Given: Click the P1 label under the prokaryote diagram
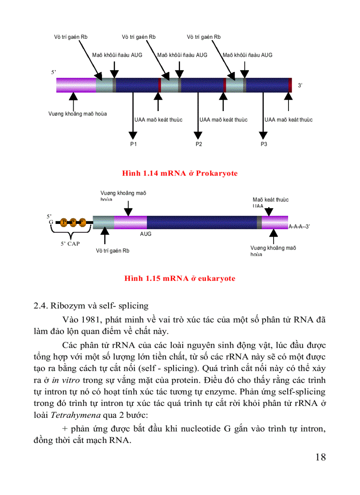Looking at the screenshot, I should pyautogui.click(x=133, y=145).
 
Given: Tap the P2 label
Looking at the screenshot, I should pyautogui.click(x=199, y=145).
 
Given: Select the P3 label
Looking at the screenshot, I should pyautogui.click(x=264, y=145).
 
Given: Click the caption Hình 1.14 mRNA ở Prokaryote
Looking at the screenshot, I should pyautogui.click(x=180, y=173).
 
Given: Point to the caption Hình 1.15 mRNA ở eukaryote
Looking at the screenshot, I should pyautogui.click(x=180, y=279).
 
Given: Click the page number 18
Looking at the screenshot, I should pyautogui.click(x=321, y=457).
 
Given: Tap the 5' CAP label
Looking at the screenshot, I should pyautogui.click(x=71, y=243).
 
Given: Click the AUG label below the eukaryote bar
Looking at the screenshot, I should pyautogui.click(x=146, y=234).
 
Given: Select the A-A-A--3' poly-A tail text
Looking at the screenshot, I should pyautogui.click(x=300, y=226).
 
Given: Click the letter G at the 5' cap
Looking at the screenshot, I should pyautogui.click(x=51, y=222).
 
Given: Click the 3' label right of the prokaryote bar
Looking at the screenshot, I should pyautogui.click(x=300, y=86).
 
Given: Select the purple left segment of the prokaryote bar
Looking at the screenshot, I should pyautogui.click(x=76, y=85).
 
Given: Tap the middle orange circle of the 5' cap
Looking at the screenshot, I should pyautogui.click(x=73, y=222).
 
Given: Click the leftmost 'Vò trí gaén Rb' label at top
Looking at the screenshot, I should pyautogui.click(x=71, y=37).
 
